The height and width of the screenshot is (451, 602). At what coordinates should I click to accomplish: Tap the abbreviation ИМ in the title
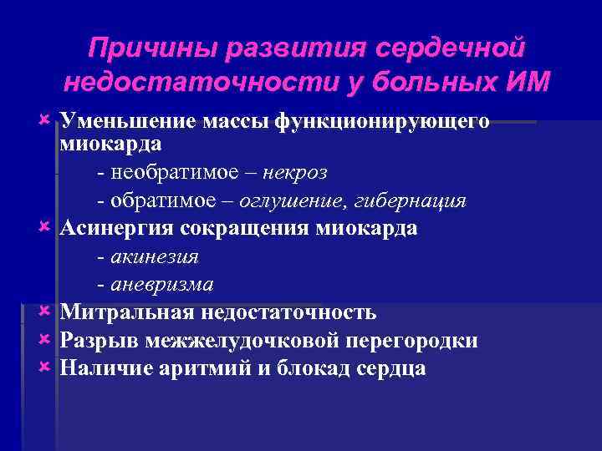(527, 82)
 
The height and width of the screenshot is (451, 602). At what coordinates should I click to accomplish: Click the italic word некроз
(295, 173)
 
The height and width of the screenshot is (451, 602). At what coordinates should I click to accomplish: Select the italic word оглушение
(290, 201)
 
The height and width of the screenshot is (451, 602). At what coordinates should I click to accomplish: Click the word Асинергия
(115, 229)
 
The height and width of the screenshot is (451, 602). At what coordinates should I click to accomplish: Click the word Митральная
(125, 312)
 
